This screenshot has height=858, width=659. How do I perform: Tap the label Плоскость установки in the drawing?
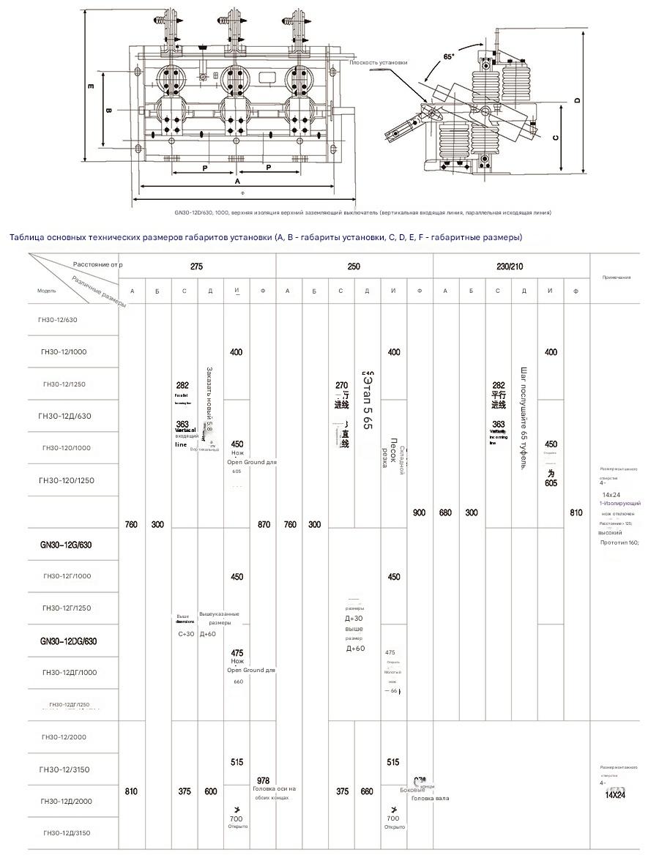pos(379,63)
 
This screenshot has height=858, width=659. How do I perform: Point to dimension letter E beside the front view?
pos(91,87)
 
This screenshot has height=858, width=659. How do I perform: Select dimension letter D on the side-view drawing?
pos(577,100)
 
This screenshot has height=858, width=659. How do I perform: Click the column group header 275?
pos(196,267)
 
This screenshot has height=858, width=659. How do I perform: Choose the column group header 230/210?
pos(510,267)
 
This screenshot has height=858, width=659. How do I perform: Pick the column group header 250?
pos(354,267)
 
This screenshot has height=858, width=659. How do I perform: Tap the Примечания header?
pos(616,277)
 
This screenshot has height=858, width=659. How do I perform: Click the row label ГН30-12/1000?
pos(64,352)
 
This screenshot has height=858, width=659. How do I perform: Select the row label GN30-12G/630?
pos(66,545)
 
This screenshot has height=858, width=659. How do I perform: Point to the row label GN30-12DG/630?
pos(68,641)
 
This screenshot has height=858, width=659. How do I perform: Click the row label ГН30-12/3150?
pos(66,769)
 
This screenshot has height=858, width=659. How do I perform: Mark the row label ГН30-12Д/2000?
pos(66,801)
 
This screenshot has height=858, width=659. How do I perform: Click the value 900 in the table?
pos(419,513)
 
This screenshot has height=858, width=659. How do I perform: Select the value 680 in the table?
pos(445,513)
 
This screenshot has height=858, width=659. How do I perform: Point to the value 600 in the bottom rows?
pos(210,791)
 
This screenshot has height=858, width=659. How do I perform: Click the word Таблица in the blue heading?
pos(26,237)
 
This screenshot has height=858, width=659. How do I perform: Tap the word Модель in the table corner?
pos(46,291)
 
